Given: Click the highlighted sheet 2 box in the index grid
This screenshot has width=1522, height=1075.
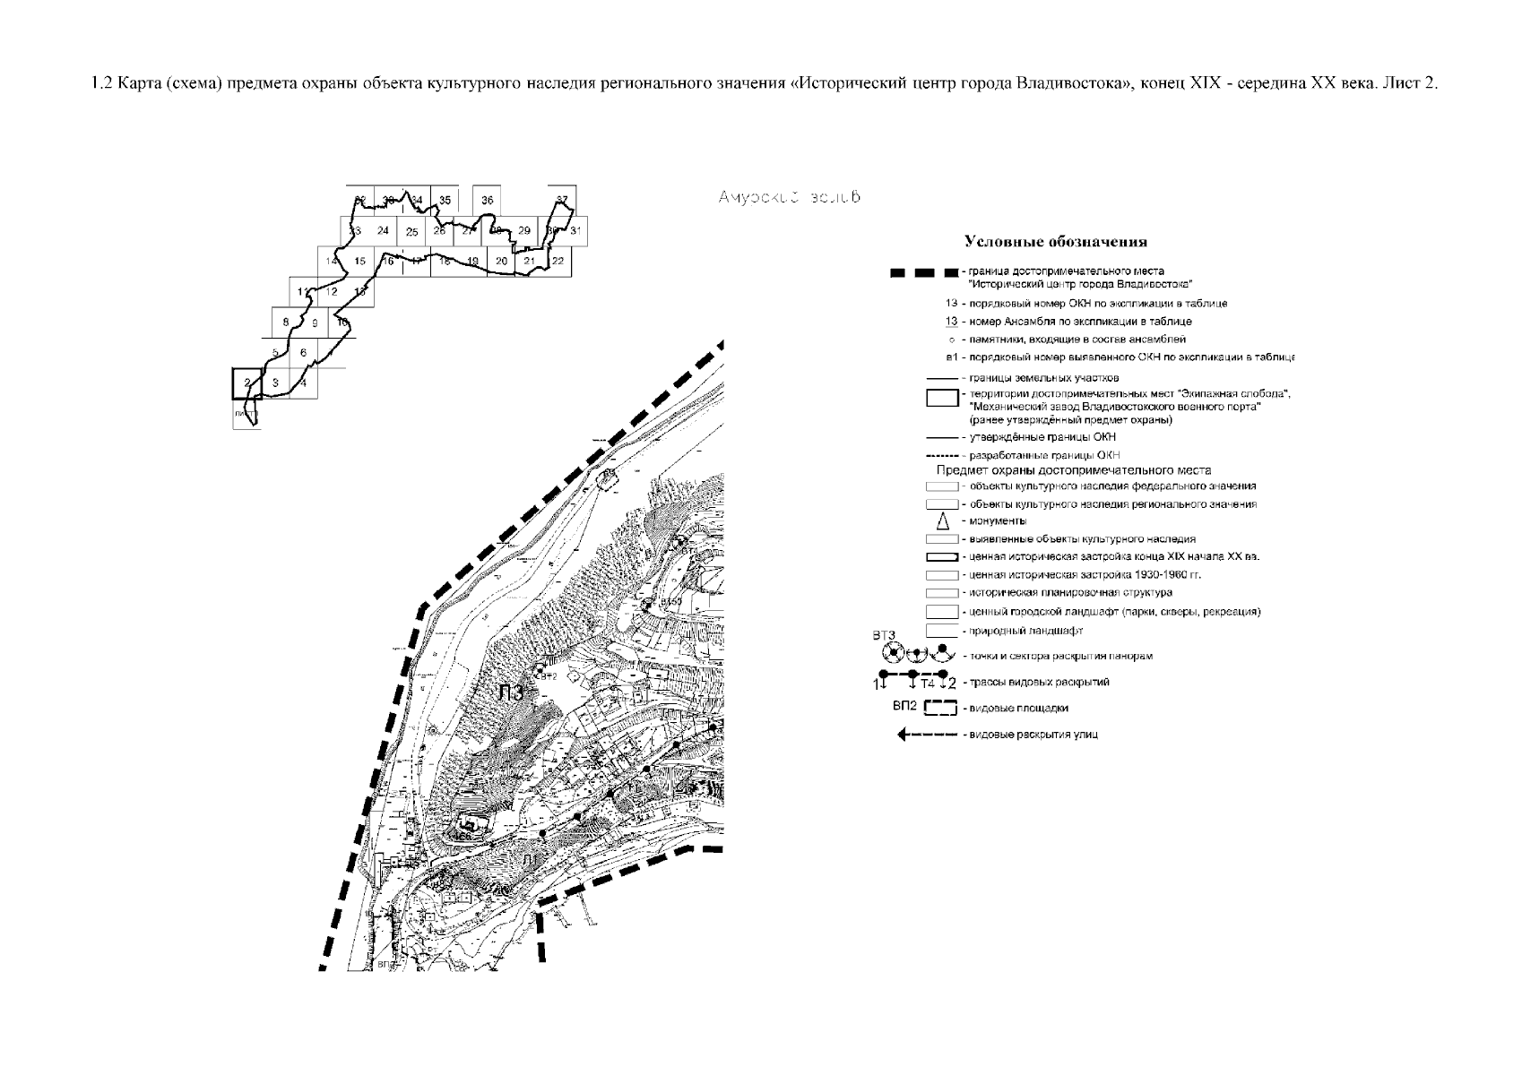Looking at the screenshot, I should (246, 383).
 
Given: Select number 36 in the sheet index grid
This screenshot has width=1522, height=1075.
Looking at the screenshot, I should (487, 201).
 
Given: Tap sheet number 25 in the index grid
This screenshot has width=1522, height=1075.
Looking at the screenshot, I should (411, 232).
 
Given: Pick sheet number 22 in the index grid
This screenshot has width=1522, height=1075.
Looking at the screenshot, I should (558, 261).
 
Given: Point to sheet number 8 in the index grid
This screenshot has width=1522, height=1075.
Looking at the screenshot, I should (285, 322).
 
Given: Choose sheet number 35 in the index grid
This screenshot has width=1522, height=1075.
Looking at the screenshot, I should (445, 201).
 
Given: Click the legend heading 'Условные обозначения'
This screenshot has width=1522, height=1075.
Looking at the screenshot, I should (1055, 242).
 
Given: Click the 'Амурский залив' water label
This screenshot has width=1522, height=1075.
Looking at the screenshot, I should (789, 197).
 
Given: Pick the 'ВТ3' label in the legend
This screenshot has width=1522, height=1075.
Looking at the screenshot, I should (884, 636).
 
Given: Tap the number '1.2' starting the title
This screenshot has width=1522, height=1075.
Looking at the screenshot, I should (101, 83).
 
